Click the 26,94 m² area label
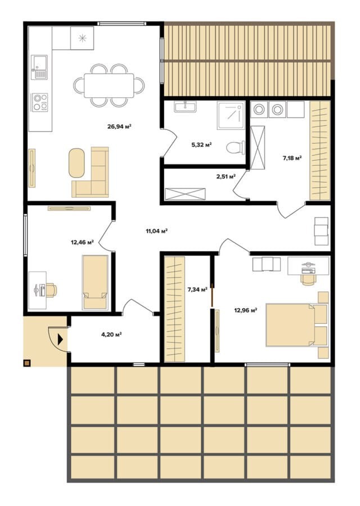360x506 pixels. (119, 126)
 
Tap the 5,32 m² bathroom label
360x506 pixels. (201, 144)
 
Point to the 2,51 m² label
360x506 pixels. (226, 176)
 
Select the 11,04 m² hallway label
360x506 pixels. (156, 231)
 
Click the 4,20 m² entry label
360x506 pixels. (111, 335)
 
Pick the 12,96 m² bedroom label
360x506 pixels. (245, 310)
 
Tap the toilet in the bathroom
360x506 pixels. (235, 147)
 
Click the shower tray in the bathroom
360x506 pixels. (231, 115)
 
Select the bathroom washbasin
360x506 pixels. (185, 107)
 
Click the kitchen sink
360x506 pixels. (39, 67)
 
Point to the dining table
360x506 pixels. (109, 85)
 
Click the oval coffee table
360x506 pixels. (76, 162)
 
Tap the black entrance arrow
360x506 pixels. (60, 339)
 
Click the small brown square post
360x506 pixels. (27, 363)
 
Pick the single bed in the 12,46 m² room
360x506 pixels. (95, 282)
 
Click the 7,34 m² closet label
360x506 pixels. (197, 290)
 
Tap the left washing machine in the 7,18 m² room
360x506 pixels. (259, 110)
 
